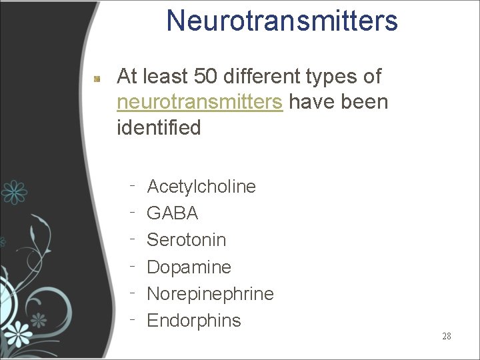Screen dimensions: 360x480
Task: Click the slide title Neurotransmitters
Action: coord(281,21)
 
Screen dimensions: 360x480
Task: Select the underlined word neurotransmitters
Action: coord(199,102)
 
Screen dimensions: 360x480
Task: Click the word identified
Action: coord(159,127)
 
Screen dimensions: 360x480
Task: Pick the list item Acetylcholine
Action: coord(201,186)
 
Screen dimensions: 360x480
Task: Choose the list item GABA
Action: coord(172,213)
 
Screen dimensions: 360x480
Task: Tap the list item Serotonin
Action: coord(186,239)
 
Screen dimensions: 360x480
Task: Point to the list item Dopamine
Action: coord(189,267)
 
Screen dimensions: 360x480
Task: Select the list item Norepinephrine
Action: coord(210,293)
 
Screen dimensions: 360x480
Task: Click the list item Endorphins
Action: coord(193,320)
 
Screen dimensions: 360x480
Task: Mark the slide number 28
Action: coord(446,336)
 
